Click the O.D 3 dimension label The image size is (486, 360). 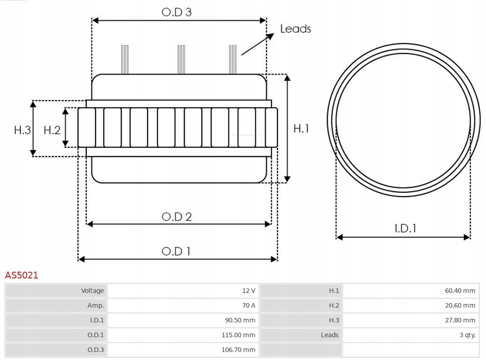click(177, 12)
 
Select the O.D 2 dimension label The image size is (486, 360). click(177, 217)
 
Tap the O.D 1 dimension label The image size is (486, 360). click(176, 251)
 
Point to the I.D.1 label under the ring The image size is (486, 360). click(405, 228)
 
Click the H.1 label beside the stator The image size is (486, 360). click(301, 128)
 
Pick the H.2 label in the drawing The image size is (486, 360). click(52, 130)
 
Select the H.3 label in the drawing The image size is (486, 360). click(22, 130)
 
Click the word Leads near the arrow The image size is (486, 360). click(295, 29)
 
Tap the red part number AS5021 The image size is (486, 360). click(21, 275)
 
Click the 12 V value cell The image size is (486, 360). click(248, 291)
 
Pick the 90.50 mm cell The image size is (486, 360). click(240, 320)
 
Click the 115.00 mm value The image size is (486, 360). click(238, 335)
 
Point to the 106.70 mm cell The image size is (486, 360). click(238, 350)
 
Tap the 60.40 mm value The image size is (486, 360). click(460, 291)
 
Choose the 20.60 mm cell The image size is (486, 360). click(460, 305)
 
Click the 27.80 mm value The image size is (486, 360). click(460, 320)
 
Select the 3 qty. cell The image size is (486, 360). click(467, 335)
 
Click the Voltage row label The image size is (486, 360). click(92, 291)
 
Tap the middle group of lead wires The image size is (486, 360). click(180, 59)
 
